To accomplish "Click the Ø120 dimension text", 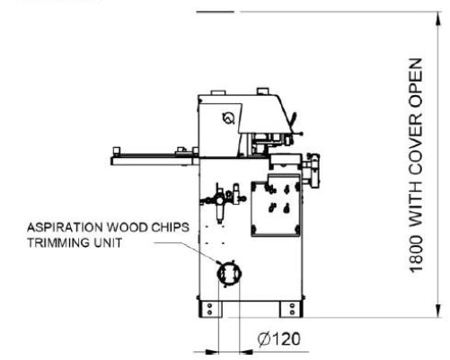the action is (x=278, y=339).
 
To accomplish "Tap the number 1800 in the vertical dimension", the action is (x=416, y=254).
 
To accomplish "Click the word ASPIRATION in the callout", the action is (x=66, y=227).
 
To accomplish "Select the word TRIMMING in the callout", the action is (x=58, y=242).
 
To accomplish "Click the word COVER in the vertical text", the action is (x=416, y=144).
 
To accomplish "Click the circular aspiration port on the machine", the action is (x=229, y=273).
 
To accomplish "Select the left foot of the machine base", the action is (x=210, y=309).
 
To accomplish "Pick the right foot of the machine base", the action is (x=291, y=309).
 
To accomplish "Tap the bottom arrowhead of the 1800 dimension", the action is (x=438, y=310).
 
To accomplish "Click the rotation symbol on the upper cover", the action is (x=229, y=118).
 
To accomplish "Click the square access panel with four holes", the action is (x=276, y=206).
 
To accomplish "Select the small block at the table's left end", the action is (x=117, y=150).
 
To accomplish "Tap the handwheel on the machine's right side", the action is (x=313, y=170).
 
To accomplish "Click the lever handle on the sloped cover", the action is (x=294, y=119).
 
